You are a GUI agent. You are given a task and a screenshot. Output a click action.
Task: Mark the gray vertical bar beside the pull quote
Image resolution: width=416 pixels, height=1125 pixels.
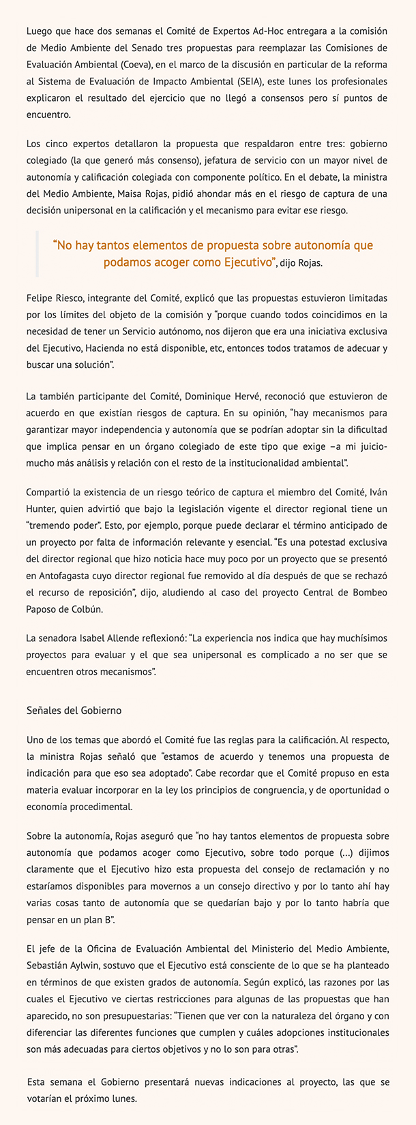pos(37,253)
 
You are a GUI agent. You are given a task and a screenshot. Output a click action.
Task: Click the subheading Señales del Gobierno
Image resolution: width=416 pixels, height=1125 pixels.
pos(73,710)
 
